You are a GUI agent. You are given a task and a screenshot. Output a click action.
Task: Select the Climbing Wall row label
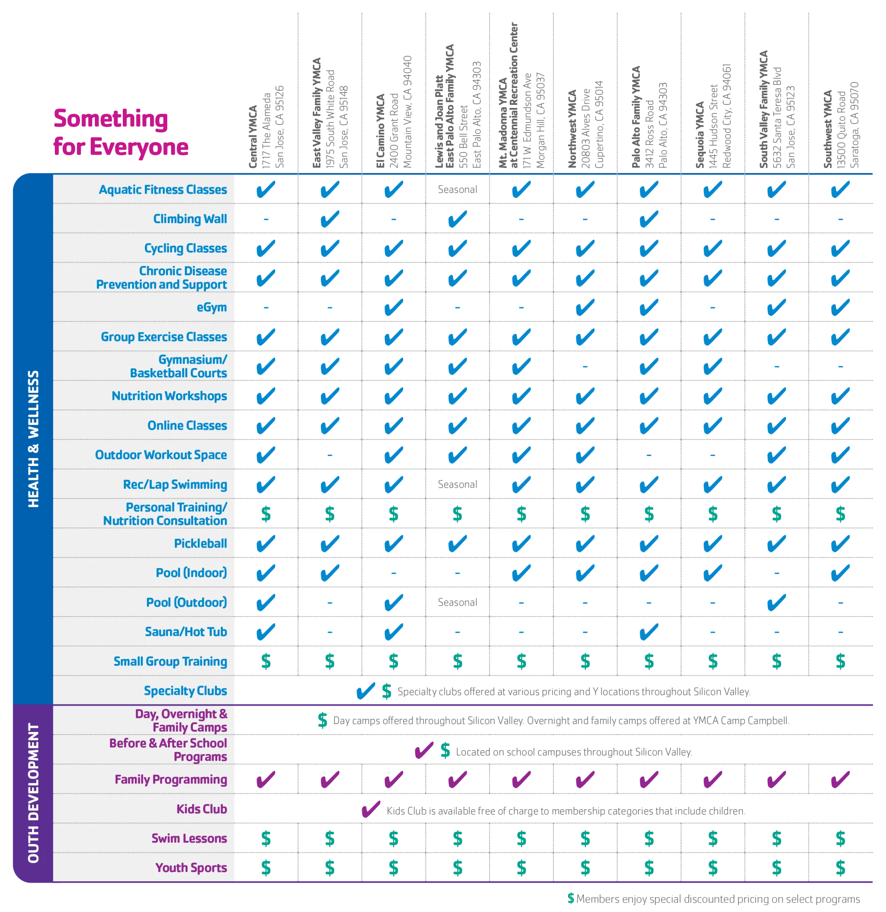point(190,219)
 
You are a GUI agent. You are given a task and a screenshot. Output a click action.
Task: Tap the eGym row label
point(212,308)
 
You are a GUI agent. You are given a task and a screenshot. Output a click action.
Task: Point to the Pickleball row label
point(200,544)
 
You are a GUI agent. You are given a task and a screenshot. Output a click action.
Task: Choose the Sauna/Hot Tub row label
point(186,632)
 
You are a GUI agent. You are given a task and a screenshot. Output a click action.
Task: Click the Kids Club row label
point(202,809)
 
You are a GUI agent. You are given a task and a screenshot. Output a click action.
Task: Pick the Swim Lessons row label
point(189,838)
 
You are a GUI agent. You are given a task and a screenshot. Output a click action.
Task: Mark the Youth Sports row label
point(191,868)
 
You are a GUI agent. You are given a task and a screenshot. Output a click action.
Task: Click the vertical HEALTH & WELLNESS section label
point(34,439)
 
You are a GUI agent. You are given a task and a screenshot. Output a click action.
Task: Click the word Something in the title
point(111,118)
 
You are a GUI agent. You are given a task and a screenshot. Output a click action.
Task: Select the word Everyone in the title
point(139,147)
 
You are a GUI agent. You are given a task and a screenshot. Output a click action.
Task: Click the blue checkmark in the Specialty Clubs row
point(365,691)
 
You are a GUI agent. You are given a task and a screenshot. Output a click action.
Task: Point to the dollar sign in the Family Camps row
point(322,720)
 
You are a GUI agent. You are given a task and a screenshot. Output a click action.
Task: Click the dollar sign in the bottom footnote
point(571,898)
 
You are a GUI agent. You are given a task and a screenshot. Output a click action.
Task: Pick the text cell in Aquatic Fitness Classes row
point(456,189)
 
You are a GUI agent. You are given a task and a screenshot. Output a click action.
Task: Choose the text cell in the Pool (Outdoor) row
point(456,602)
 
